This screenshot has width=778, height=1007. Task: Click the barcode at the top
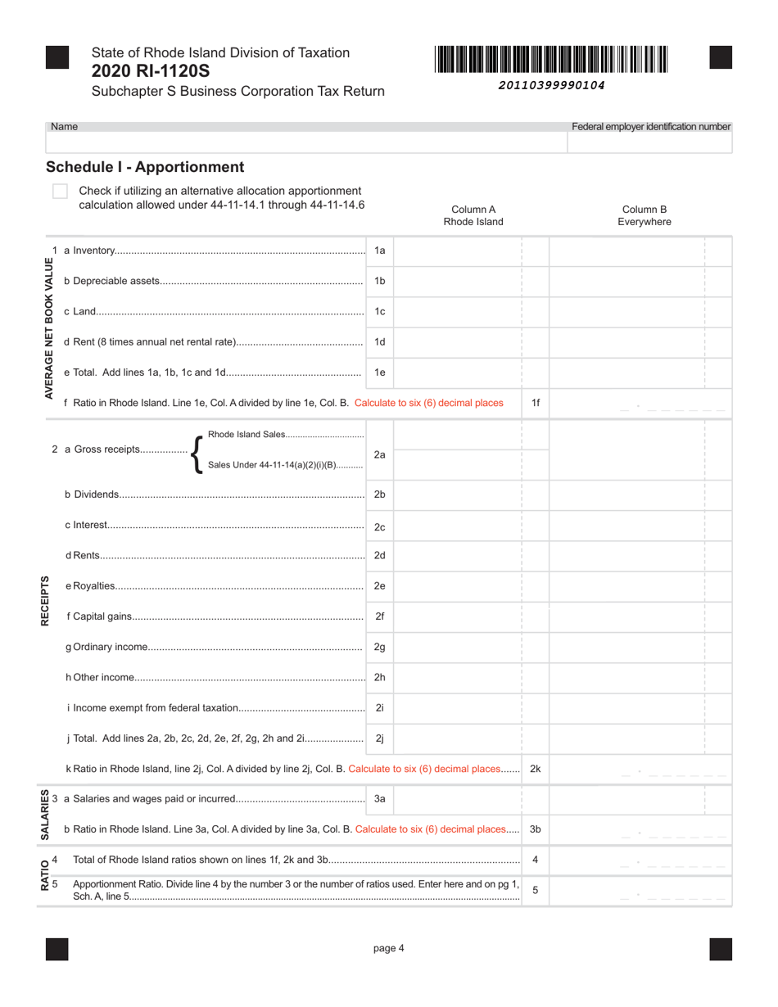click(552, 60)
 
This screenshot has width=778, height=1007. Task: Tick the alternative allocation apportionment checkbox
click(60, 192)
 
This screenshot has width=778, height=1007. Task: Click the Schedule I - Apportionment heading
click(145, 167)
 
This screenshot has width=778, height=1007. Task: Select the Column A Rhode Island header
click(473, 215)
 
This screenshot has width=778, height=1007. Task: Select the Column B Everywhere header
click(645, 215)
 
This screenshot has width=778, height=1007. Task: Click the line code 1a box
click(379, 251)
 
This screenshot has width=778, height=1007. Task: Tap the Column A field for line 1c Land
click(458, 312)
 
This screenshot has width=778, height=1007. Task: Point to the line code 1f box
click(536, 403)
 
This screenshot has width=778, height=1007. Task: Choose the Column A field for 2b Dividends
click(458, 494)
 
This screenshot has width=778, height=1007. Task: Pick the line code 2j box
click(379, 738)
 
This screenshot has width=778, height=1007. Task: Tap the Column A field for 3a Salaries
click(458, 799)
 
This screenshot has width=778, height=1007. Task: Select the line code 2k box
click(536, 769)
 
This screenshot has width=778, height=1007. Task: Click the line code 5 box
click(536, 890)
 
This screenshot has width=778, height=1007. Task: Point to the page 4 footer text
click(389, 949)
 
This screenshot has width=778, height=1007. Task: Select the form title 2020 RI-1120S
click(144, 71)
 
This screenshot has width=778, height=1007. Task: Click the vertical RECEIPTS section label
click(46, 601)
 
